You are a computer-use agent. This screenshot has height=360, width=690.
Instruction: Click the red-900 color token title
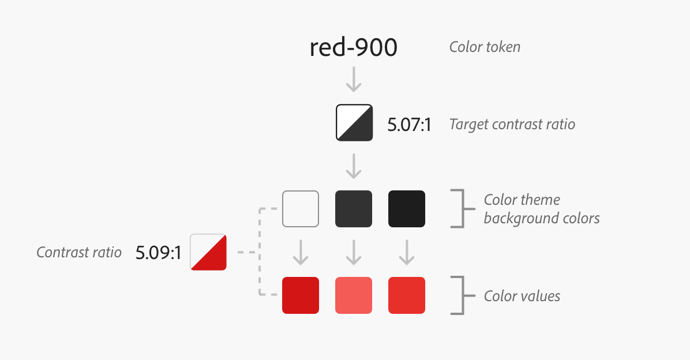pyautogui.click(x=353, y=48)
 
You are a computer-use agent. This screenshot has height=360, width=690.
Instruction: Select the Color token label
pyautogui.click(x=485, y=47)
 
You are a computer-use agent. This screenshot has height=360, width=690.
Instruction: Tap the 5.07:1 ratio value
pyautogui.click(x=409, y=125)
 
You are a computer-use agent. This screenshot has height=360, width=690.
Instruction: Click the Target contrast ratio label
pyautogui.click(x=512, y=124)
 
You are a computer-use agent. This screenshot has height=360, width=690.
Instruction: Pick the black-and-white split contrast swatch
pyautogui.click(x=354, y=122)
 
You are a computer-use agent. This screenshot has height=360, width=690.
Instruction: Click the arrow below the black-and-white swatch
pyautogui.click(x=354, y=167)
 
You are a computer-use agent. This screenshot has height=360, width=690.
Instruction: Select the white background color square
pyautogui.click(x=301, y=209)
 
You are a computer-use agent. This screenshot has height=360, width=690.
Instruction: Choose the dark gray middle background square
pyautogui.click(x=354, y=209)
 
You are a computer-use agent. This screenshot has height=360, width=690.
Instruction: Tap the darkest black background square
pyautogui.click(x=407, y=209)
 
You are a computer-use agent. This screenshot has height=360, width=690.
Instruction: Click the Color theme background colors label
pyautogui.click(x=541, y=209)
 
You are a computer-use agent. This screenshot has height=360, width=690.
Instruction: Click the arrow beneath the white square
pyautogui.click(x=301, y=253)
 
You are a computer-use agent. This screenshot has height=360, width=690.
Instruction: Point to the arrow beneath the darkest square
pyautogui.click(x=407, y=253)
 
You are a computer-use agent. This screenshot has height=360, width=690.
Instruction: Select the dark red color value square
pyautogui.click(x=301, y=295)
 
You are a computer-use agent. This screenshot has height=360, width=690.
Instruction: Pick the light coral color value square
pyautogui.click(x=354, y=295)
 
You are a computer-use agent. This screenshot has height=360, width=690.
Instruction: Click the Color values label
pyautogui.click(x=522, y=296)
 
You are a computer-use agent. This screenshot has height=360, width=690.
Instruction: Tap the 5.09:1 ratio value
pyautogui.click(x=158, y=253)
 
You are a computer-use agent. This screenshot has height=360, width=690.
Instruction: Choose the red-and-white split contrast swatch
pyautogui.click(x=208, y=252)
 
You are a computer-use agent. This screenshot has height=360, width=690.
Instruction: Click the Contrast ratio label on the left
pyautogui.click(x=79, y=252)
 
